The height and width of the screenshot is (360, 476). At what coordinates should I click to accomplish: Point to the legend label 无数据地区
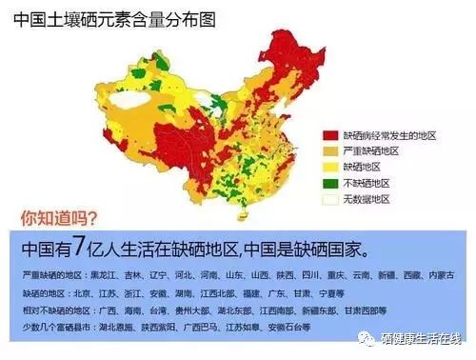(x=368, y=200)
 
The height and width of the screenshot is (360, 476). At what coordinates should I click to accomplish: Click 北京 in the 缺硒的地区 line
(x=85, y=292)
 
